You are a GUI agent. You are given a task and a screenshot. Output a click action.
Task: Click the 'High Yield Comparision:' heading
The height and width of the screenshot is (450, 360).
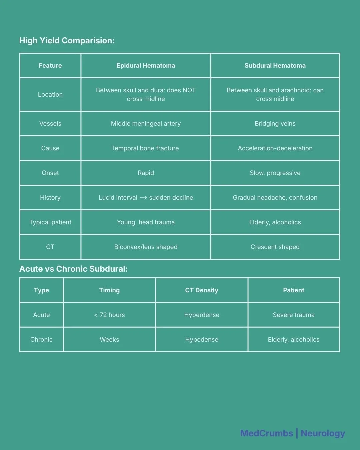(67, 41)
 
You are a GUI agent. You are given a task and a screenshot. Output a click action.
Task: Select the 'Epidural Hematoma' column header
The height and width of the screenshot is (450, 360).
(146, 66)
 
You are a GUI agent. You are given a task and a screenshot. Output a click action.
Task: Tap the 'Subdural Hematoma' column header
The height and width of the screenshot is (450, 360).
(275, 66)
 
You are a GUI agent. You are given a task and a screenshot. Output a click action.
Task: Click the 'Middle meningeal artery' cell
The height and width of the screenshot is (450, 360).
(146, 124)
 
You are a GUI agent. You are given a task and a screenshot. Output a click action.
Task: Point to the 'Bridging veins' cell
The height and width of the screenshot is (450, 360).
(275, 124)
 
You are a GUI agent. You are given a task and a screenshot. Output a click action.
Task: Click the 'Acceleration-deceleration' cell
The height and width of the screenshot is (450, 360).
(275, 148)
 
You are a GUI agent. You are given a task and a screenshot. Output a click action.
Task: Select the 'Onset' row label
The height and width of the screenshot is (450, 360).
(50, 173)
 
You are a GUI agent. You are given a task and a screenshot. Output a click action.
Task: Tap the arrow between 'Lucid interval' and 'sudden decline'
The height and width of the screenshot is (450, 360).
(143, 198)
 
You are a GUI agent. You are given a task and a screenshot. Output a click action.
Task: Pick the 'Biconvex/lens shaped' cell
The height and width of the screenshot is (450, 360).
(146, 247)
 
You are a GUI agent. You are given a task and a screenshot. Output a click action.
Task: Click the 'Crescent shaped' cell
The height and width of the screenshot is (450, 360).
(275, 247)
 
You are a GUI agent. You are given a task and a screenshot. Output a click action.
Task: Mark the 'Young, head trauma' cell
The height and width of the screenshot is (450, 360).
(146, 222)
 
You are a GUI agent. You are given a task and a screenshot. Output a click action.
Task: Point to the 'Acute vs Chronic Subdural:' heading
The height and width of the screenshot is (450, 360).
(73, 269)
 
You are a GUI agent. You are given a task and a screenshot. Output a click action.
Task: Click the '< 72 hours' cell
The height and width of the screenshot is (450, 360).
(109, 315)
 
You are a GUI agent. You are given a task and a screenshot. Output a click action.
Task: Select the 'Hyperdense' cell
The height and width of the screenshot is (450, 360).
(202, 315)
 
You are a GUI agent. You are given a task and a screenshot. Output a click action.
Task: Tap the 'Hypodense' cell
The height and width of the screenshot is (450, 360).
(202, 340)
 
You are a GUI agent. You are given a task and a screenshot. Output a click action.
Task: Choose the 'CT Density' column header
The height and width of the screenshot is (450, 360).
(202, 290)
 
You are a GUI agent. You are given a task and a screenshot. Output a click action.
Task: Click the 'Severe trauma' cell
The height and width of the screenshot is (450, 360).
(294, 315)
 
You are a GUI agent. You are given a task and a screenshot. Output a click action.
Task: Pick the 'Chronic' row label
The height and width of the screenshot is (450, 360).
(41, 340)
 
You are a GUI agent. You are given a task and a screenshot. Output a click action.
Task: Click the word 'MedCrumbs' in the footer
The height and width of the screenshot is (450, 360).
(266, 433)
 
